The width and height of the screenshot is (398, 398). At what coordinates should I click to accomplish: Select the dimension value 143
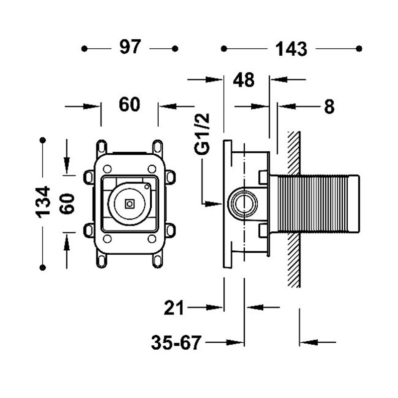[x=291, y=49]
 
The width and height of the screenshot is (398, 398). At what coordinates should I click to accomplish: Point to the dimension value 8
[x=329, y=106]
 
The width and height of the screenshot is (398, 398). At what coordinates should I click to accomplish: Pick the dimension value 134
[x=44, y=201]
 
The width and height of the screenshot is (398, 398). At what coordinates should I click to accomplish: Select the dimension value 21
[x=174, y=308]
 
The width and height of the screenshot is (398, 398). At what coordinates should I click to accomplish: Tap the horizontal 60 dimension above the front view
[x=129, y=105]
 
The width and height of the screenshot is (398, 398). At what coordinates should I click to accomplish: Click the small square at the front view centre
[x=130, y=203]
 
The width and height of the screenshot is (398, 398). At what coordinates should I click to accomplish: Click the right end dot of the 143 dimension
[x=359, y=48]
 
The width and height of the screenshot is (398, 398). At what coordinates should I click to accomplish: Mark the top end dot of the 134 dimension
[x=44, y=141]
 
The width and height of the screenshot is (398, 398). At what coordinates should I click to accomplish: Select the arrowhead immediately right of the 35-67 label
[x=236, y=342]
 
